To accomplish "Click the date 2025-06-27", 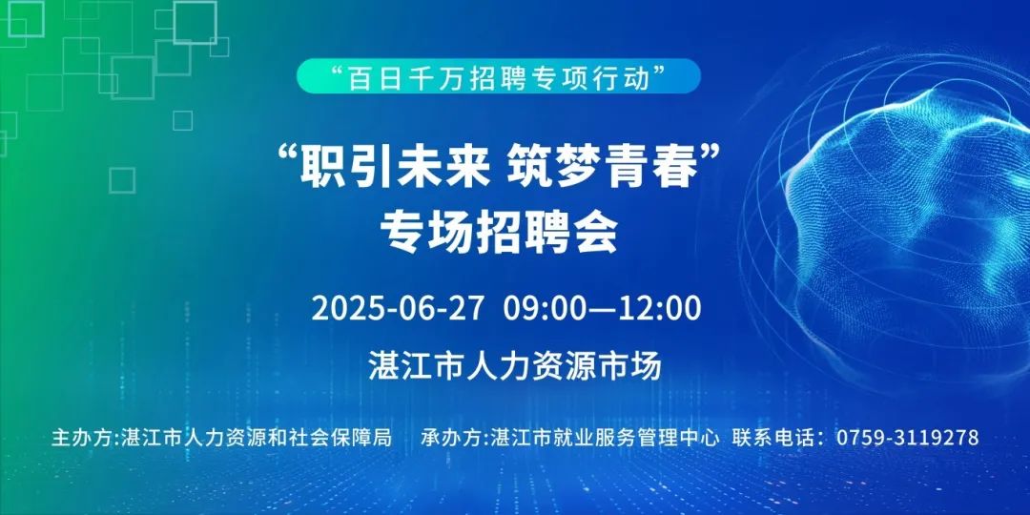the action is (x=398, y=309).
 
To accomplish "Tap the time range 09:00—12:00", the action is (x=603, y=309).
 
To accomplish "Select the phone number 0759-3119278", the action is (x=908, y=437).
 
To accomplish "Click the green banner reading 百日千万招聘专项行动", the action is (x=498, y=75).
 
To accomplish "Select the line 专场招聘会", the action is (x=499, y=233).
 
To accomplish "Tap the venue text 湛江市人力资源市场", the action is (x=515, y=366).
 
